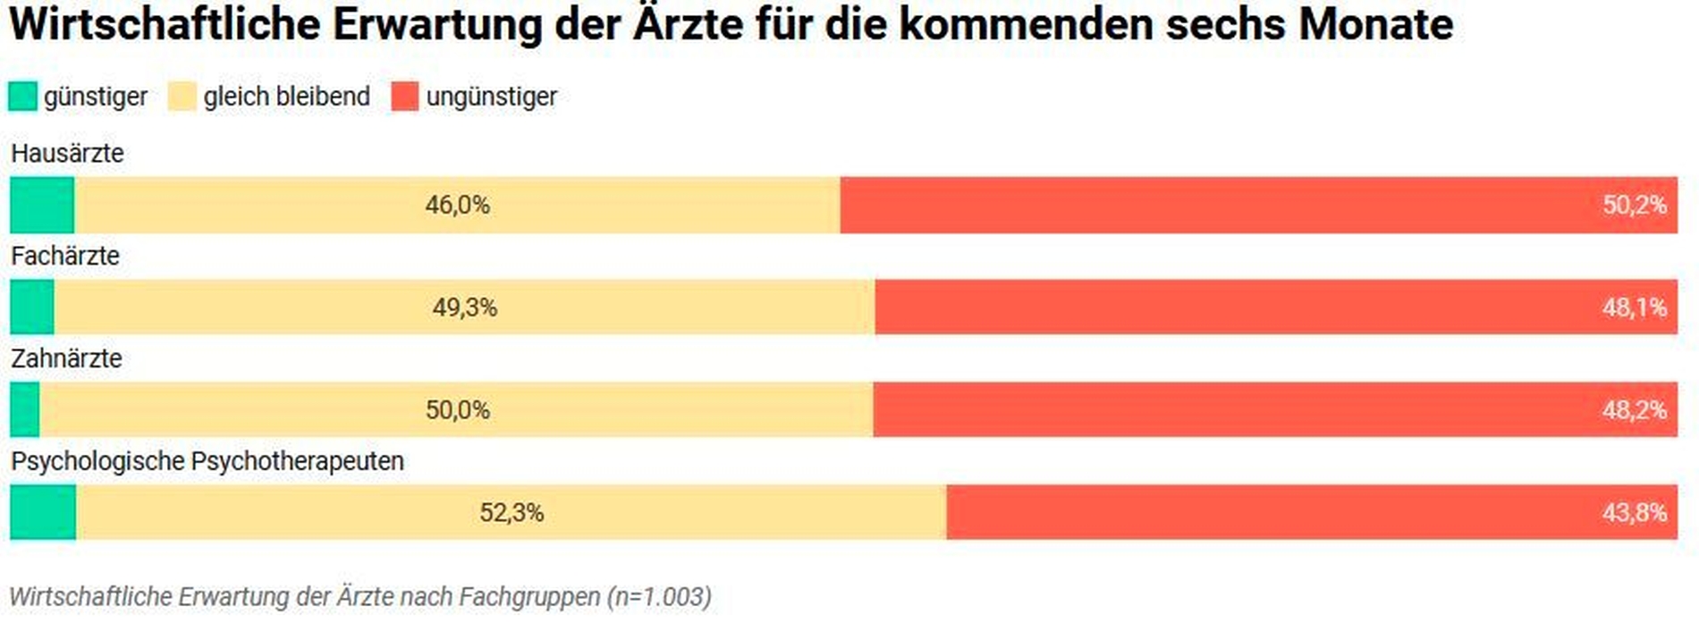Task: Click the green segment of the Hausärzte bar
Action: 41,205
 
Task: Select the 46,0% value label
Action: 457,205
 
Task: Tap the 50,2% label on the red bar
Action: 1634,205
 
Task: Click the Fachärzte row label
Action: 65,256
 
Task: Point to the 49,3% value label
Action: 464,307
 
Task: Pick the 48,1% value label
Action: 1634,307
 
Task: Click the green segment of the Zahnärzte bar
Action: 25,409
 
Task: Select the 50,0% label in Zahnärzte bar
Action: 457,410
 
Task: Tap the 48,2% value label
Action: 1634,410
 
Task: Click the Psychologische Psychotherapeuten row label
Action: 207,461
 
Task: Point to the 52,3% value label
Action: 511,513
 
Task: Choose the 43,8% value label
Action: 1634,513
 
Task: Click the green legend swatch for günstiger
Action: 22,96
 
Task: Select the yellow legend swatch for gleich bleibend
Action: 182,96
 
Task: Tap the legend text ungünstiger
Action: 491,97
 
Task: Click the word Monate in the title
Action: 1375,24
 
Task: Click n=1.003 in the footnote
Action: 660,596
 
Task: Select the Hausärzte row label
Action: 67,153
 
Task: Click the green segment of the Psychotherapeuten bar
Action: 43,512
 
